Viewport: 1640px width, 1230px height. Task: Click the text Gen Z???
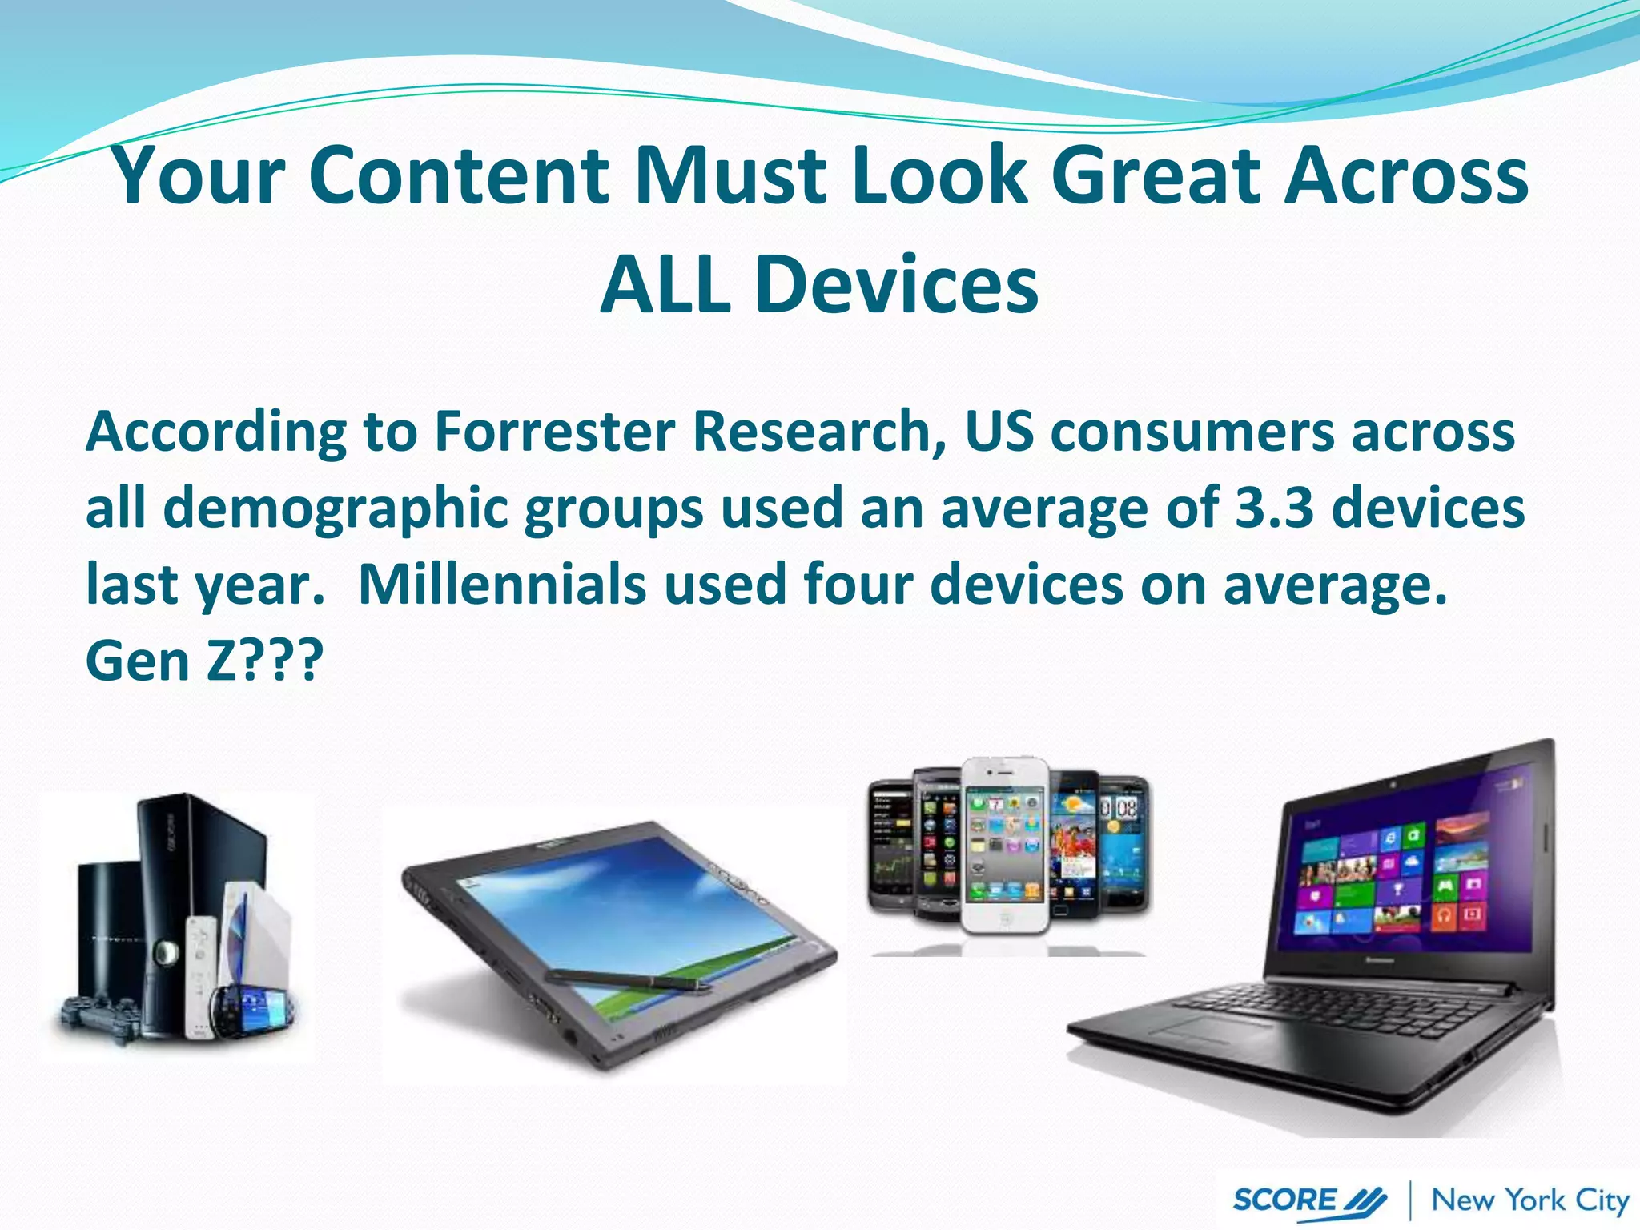(204, 661)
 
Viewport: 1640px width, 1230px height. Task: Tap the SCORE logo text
(1284, 1200)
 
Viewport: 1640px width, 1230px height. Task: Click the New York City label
(1529, 1200)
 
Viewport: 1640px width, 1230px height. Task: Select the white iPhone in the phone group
(1005, 845)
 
